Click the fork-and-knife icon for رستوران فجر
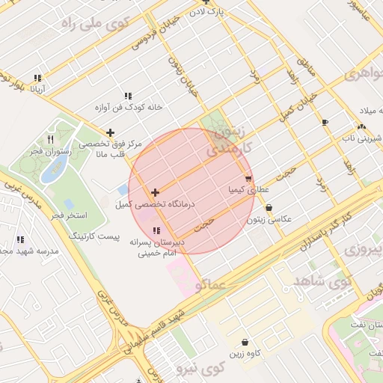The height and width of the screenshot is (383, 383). (x=51, y=139)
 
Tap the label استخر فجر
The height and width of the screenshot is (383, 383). (x=68, y=215)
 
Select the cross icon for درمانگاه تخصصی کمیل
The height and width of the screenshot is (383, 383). (x=155, y=193)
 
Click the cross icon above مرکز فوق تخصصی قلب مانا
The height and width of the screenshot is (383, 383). (x=111, y=132)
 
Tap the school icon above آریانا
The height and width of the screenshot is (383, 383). (x=37, y=78)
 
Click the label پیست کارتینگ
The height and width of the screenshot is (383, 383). (x=94, y=236)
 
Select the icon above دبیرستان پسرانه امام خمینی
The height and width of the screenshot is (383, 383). (x=156, y=230)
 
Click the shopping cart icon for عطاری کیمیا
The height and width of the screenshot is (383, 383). (x=248, y=179)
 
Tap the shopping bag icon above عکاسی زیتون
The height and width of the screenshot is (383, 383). (x=269, y=208)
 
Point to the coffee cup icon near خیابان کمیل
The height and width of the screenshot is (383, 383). (x=325, y=122)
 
